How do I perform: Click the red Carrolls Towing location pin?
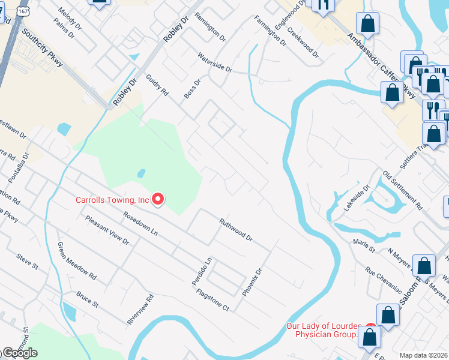(x=158, y=199)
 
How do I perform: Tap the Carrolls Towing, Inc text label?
(x=112, y=200)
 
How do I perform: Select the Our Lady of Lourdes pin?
(x=370, y=330)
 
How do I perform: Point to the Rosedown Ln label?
(x=140, y=223)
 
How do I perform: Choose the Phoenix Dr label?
(x=252, y=282)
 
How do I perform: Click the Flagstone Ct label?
(x=213, y=300)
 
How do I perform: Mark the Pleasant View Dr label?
(x=107, y=230)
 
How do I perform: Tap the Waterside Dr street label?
(x=215, y=62)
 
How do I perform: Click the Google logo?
(x=20, y=353)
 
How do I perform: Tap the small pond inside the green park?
(x=141, y=173)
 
